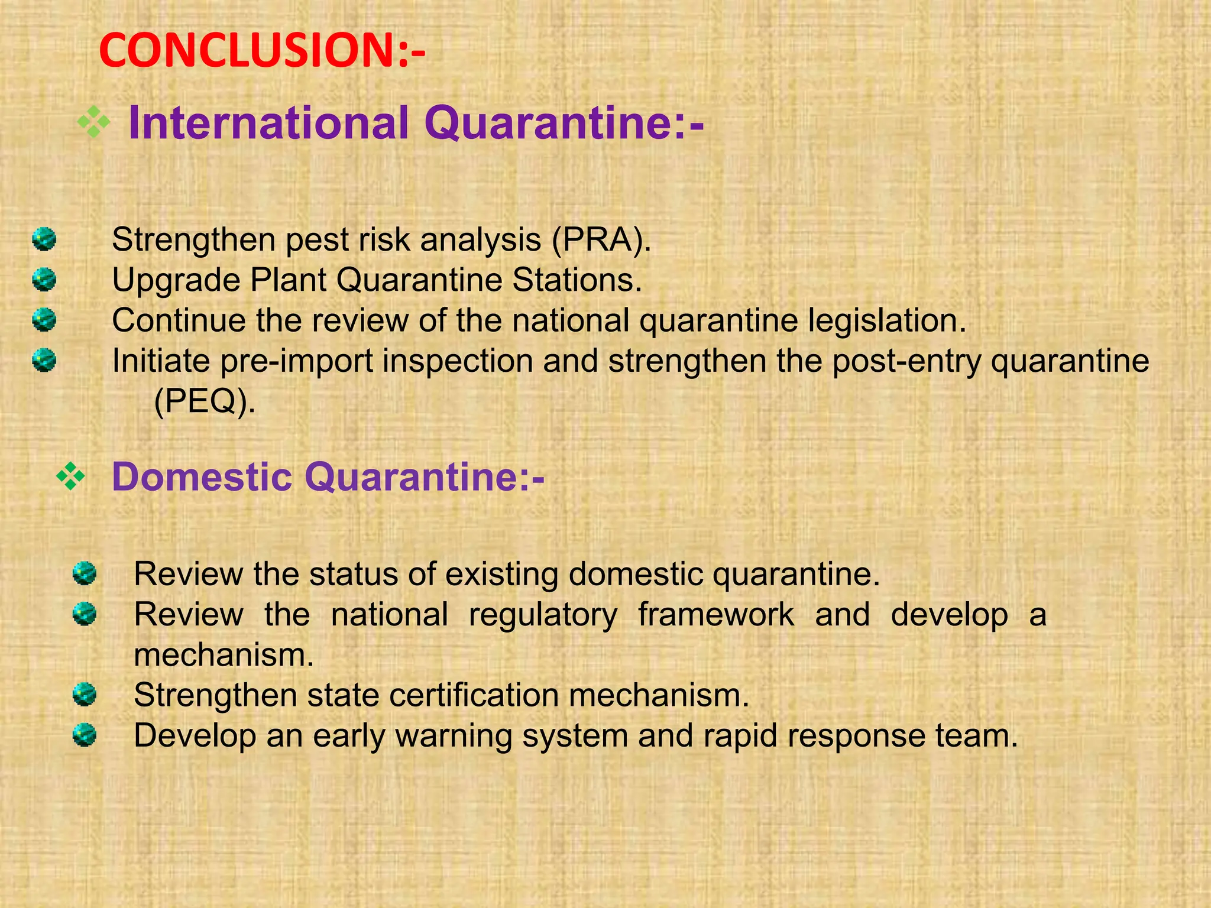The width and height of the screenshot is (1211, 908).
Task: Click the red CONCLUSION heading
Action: [262, 51]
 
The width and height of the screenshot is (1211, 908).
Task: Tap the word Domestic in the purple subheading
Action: [202, 476]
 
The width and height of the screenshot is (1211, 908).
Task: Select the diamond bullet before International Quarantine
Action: [94, 122]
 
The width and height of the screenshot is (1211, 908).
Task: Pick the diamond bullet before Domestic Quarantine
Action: [71, 476]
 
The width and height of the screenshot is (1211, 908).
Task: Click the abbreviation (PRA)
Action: [601, 240]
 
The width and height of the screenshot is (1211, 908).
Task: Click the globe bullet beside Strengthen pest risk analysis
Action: [44, 239]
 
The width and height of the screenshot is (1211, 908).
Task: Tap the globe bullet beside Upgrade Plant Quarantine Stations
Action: [44, 280]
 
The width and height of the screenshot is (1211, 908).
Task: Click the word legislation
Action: [887, 320]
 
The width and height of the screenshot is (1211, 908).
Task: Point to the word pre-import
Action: [296, 361]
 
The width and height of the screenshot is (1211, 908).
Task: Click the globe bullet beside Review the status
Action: [85, 573]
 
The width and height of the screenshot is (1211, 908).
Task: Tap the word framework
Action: [716, 614]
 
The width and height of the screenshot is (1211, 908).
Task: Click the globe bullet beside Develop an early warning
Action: [85, 735]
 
